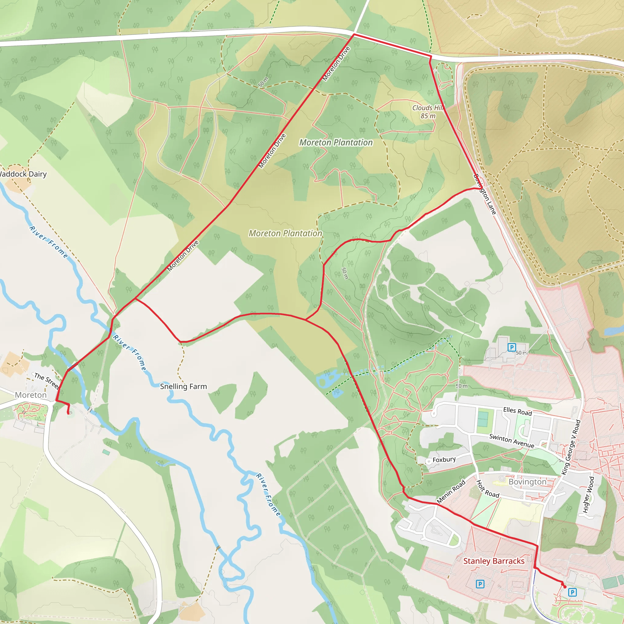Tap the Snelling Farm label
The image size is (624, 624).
[183, 386]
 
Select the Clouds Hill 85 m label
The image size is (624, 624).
[427, 112]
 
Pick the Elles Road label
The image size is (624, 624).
[517, 411]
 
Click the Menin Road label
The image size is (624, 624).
[451, 491]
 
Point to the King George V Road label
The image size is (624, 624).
[571, 447]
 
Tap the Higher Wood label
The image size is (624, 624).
[588, 495]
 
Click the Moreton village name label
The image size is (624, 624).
[31, 395]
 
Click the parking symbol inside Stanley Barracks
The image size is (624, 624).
[480, 584]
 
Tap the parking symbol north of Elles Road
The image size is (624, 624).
[512, 347]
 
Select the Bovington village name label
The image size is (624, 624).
[527, 482]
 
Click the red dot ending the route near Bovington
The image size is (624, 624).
[565, 587]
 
